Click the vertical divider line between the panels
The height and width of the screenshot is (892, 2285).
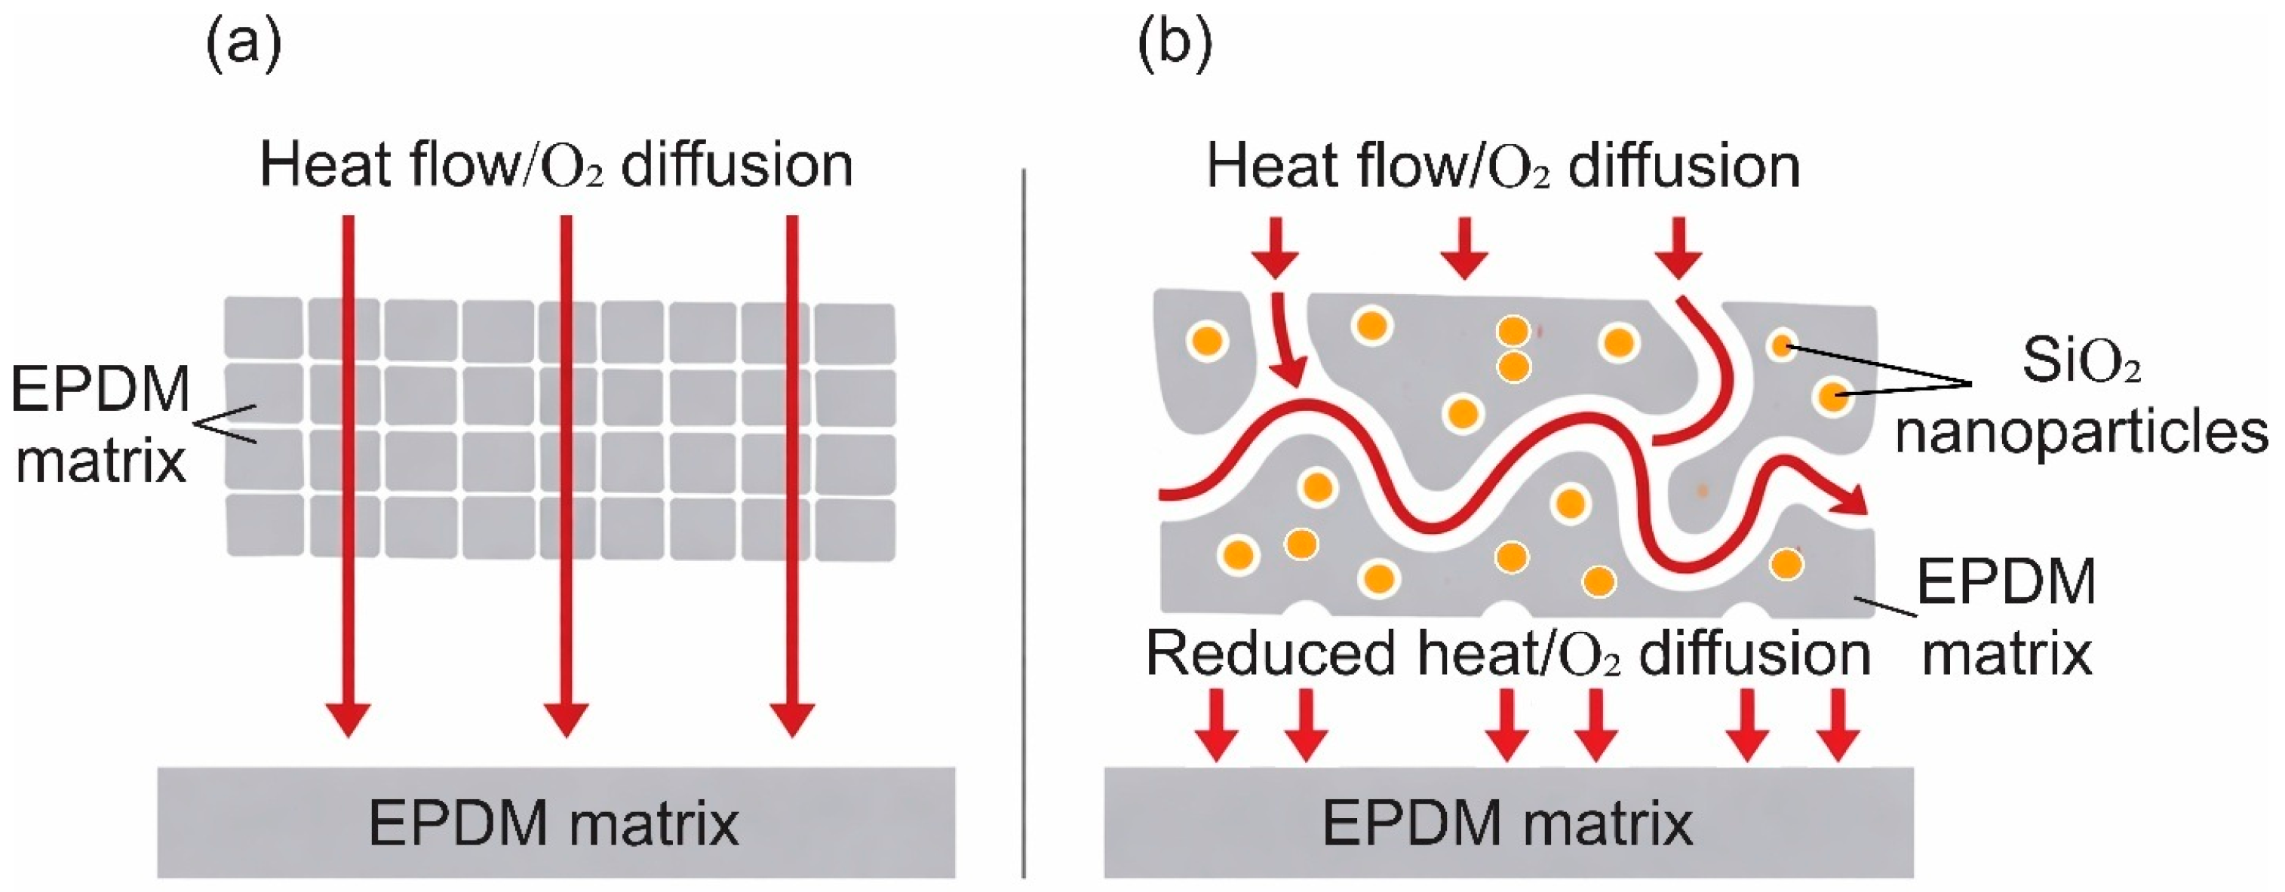pyautogui.click(x=1024, y=523)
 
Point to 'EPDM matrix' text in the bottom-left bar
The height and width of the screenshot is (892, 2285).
pyautogui.click(x=554, y=823)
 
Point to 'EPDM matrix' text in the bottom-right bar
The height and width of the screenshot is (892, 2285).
pyautogui.click(x=1508, y=823)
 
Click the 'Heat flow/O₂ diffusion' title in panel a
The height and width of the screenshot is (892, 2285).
pyautogui.click(x=556, y=166)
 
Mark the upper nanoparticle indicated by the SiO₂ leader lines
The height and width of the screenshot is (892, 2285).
pyautogui.click(x=1782, y=345)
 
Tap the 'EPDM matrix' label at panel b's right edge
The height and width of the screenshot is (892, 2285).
pyautogui.click(x=2007, y=618)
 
